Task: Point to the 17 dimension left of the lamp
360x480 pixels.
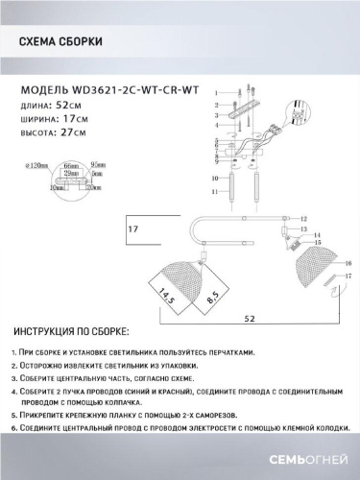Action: [134, 230]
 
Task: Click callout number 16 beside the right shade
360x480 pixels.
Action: [348, 262]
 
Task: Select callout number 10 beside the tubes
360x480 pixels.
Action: [217, 179]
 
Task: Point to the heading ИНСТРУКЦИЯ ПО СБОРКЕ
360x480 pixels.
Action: [72, 329]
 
